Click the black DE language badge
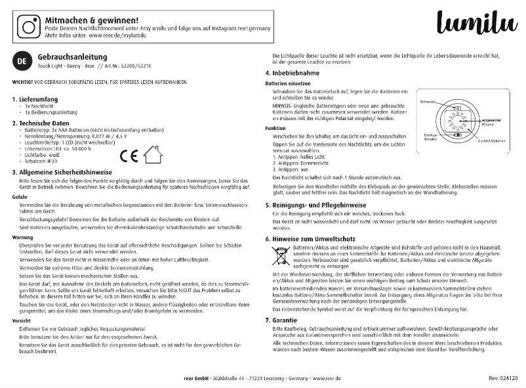coord(22,62)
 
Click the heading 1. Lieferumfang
coord(39,98)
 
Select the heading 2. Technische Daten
coord(45,123)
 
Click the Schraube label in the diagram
coord(428,102)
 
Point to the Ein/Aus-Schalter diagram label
coord(427,139)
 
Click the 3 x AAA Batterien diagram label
coord(491,141)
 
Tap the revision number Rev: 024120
coord(503,378)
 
